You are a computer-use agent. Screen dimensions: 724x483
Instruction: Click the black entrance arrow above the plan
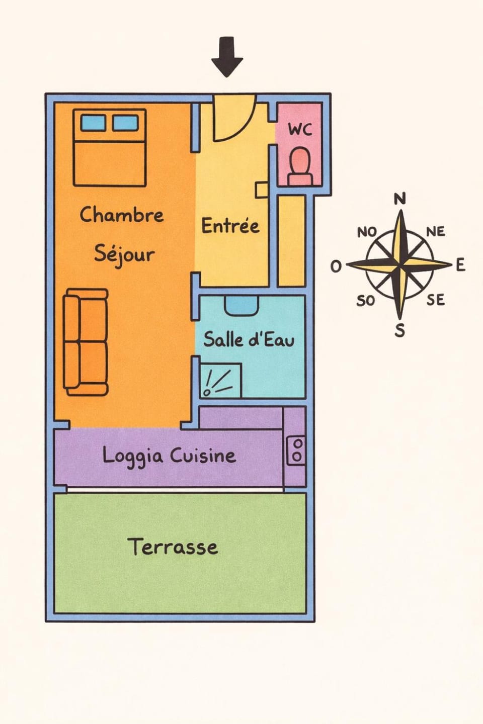click(x=227, y=56)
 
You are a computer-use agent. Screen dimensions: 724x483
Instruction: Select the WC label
click(x=300, y=129)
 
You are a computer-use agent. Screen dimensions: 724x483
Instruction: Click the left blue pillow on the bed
click(x=93, y=122)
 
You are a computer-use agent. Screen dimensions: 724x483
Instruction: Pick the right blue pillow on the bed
click(x=125, y=122)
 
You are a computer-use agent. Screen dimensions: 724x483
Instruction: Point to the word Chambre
click(x=122, y=215)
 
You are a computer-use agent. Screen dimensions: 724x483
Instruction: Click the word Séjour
click(x=124, y=254)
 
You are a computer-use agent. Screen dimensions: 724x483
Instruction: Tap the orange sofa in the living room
click(x=86, y=342)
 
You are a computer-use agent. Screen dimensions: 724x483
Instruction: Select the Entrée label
click(x=230, y=226)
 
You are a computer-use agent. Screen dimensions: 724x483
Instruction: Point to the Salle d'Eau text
click(x=249, y=339)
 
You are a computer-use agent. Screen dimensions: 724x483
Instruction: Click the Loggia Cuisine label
click(x=169, y=456)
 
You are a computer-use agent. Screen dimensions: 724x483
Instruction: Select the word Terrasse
click(x=173, y=547)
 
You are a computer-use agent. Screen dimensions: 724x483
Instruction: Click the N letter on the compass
click(x=399, y=199)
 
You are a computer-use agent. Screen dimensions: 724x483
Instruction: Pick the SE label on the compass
click(x=435, y=300)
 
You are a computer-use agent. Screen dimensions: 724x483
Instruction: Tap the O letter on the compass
click(x=336, y=266)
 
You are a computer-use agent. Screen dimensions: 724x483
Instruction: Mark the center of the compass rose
click(x=400, y=264)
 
